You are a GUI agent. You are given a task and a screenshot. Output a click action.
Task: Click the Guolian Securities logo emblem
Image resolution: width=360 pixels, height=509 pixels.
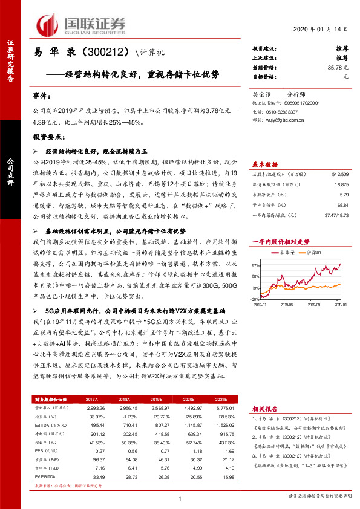(x=47, y=25)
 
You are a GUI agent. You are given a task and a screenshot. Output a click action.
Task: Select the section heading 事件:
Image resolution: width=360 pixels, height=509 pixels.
(x=39, y=96)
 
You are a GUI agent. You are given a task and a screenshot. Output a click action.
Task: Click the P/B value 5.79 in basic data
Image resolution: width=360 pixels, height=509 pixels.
(x=345, y=195)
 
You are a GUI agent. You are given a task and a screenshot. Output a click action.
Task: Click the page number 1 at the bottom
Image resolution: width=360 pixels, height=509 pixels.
(x=181, y=498)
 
